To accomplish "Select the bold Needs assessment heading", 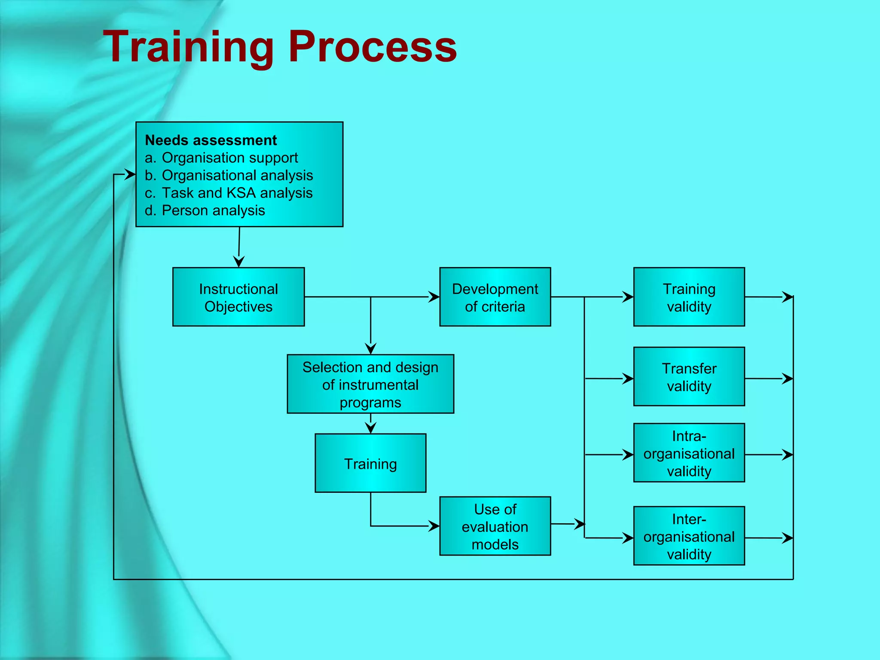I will click(x=211, y=140).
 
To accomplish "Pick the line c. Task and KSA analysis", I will click(x=228, y=193).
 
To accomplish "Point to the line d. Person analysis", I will click(x=205, y=211).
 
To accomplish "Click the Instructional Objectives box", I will click(x=238, y=297).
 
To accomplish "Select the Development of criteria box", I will click(x=495, y=297).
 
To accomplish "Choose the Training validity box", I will click(x=689, y=297).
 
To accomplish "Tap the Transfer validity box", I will click(x=689, y=376).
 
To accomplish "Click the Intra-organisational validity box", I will click(x=689, y=453).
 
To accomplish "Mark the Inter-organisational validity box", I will click(x=689, y=536).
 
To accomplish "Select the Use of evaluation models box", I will click(x=495, y=526).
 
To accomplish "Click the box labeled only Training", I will click(x=370, y=463).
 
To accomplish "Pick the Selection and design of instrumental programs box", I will click(x=370, y=384).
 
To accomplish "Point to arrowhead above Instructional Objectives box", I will click(x=239, y=262).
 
